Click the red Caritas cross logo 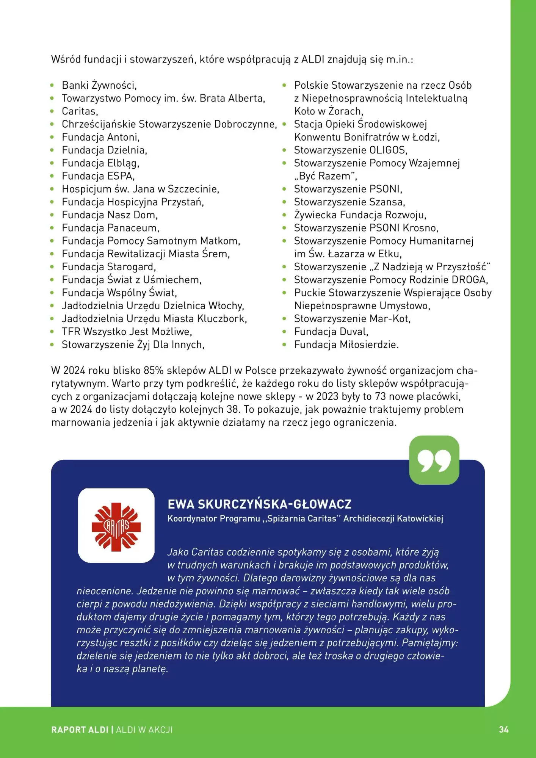tap(116, 525)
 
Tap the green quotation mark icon tap(434, 460)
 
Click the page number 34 tap(503, 730)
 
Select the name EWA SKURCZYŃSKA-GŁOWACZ tap(259, 504)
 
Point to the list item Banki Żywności tap(99, 85)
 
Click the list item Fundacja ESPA tap(98, 176)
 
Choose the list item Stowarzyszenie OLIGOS tap(350, 150)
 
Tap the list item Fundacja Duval tap(331, 332)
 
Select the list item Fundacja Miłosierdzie tap(346, 345)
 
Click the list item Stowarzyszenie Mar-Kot tap(352, 319)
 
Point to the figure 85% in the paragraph tap(154, 370)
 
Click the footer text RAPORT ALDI tap(80, 730)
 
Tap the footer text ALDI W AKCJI tap(144, 730)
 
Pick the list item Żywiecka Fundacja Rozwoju tap(360, 215)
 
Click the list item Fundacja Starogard tap(109, 267)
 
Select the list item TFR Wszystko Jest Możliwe tap(127, 332)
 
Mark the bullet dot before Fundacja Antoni tap(52, 138)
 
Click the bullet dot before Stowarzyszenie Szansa tap(284, 202)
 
